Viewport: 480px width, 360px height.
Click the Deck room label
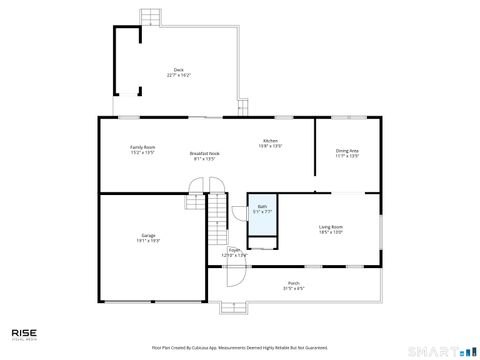pos(177,72)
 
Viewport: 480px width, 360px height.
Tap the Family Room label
pos(142,149)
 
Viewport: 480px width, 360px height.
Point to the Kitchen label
pos(270,143)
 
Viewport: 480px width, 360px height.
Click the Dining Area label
pos(347,153)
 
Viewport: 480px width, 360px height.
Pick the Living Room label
pos(331,229)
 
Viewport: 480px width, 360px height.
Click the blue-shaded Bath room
pos(262,216)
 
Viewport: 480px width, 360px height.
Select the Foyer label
pos(233,252)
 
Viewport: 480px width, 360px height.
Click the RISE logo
pos(25,334)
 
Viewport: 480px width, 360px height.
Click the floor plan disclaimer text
pos(239,347)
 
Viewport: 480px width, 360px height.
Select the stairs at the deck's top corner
pos(151,18)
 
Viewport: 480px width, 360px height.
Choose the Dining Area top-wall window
pos(348,118)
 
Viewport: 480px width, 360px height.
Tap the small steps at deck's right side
pos(241,106)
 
